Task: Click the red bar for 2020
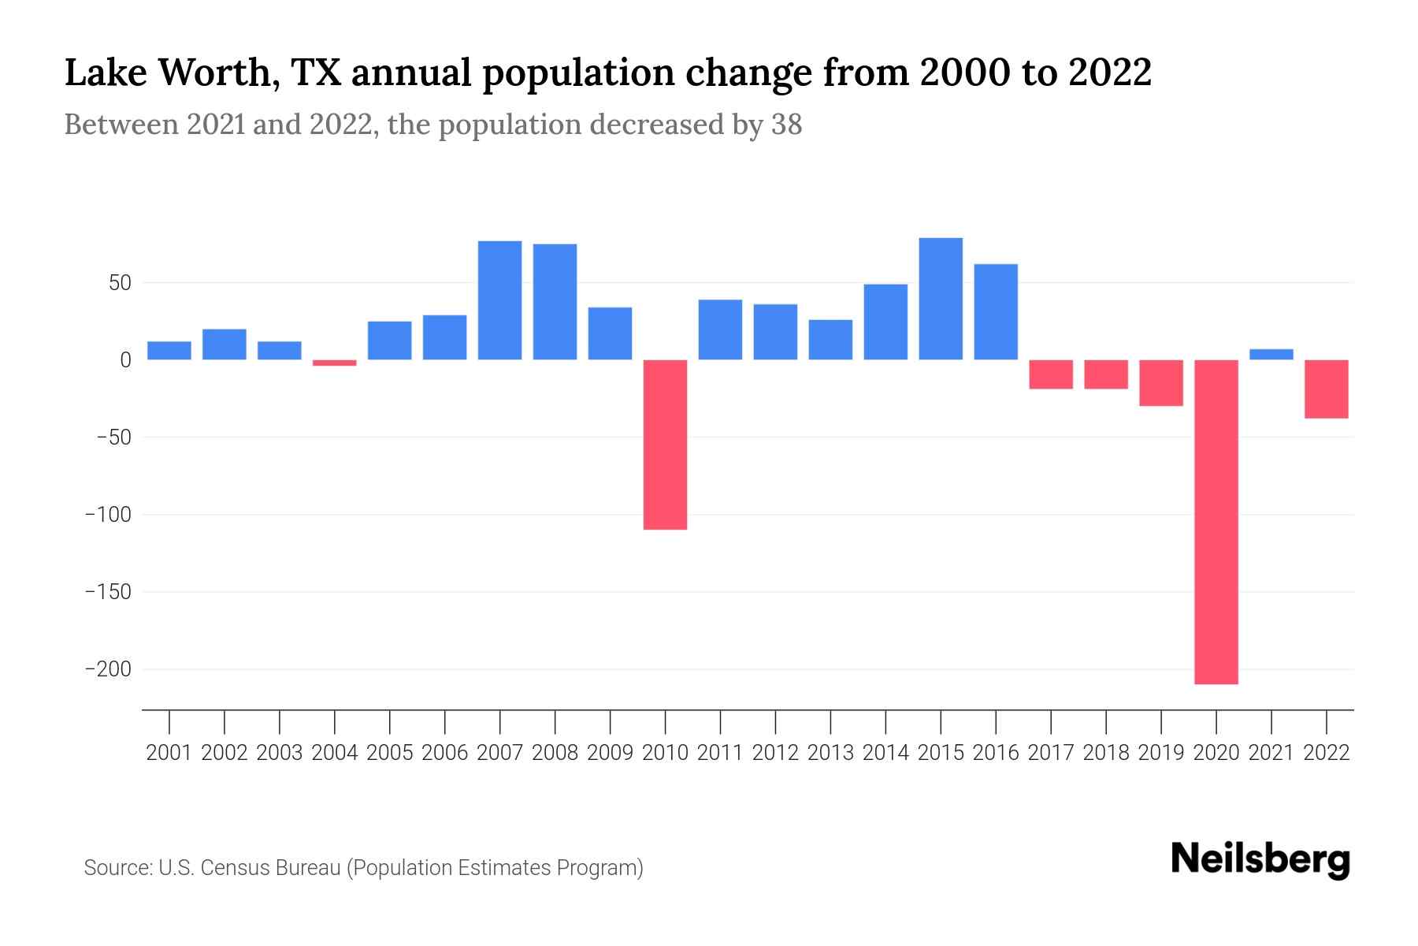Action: click(x=1216, y=522)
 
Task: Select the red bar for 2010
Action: click(x=665, y=445)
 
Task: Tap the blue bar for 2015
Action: click(x=941, y=299)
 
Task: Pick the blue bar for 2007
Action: click(x=499, y=300)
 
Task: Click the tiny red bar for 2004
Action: click(x=334, y=363)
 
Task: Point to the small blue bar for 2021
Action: click(x=1271, y=355)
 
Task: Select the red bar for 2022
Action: click(x=1326, y=389)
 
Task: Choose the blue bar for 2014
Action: click(x=885, y=322)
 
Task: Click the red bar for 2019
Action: click(x=1160, y=383)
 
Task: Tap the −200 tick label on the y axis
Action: click(x=108, y=669)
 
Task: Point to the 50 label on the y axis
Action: click(x=120, y=282)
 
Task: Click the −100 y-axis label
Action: click(x=108, y=515)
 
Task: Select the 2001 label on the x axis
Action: click(x=169, y=753)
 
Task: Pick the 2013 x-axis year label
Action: click(x=830, y=753)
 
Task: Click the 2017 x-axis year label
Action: click(x=1051, y=753)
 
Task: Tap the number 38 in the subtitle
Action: click(x=786, y=125)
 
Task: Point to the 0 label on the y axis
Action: click(x=125, y=360)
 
